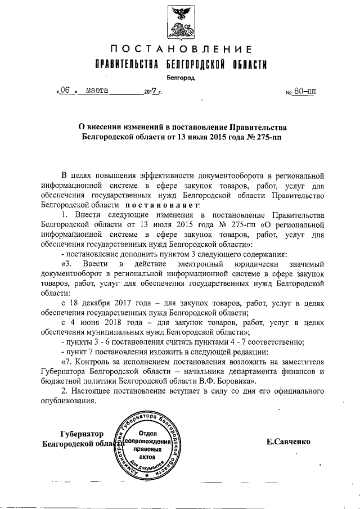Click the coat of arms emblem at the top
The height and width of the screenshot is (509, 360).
click(179, 23)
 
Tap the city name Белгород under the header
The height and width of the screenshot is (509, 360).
click(180, 77)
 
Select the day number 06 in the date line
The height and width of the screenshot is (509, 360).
click(65, 90)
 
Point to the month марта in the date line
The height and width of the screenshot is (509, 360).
click(98, 90)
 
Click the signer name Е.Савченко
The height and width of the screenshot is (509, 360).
click(289, 442)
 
